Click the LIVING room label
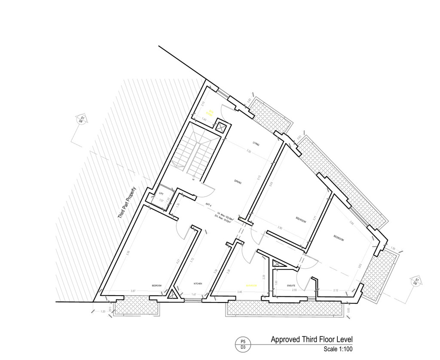(x=256, y=145)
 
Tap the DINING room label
(x=238, y=182)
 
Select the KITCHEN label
(x=198, y=284)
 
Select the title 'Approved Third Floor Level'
(x=312, y=339)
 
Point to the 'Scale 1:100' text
(x=338, y=349)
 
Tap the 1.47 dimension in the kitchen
(x=194, y=295)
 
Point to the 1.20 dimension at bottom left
(x=102, y=311)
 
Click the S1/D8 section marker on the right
(x=415, y=281)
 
